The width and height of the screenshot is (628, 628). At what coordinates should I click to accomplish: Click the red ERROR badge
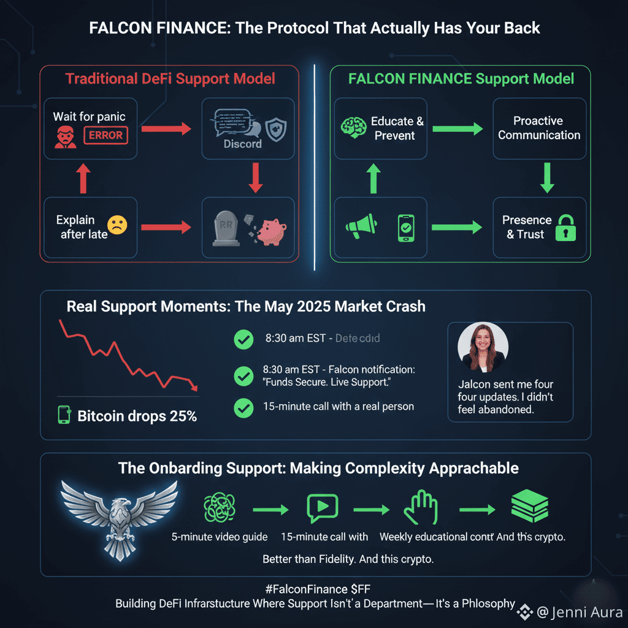pyautogui.click(x=105, y=134)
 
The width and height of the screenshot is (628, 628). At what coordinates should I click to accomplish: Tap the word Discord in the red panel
pyautogui.click(x=242, y=144)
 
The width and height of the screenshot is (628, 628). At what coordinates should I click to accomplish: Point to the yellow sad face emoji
pyautogui.click(x=117, y=225)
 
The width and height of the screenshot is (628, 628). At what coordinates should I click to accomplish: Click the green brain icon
pyautogui.click(x=353, y=128)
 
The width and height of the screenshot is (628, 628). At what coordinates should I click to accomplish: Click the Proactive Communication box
pyautogui.click(x=539, y=128)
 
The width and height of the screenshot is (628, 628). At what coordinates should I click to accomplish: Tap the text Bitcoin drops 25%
pyautogui.click(x=137, y=416)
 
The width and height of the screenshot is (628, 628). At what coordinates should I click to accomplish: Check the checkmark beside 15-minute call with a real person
pyautogui.click(x=244, y=407)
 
